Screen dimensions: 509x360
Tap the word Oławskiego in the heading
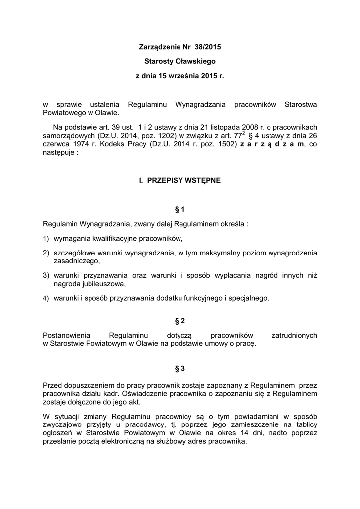coord(198,62)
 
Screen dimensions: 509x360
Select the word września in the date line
coord(183,77)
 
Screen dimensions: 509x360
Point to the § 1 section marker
coord(180,210)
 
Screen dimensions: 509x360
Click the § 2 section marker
coord(180,322)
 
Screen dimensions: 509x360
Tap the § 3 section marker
coord(180,369)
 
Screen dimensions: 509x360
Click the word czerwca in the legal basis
coord(56,144)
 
